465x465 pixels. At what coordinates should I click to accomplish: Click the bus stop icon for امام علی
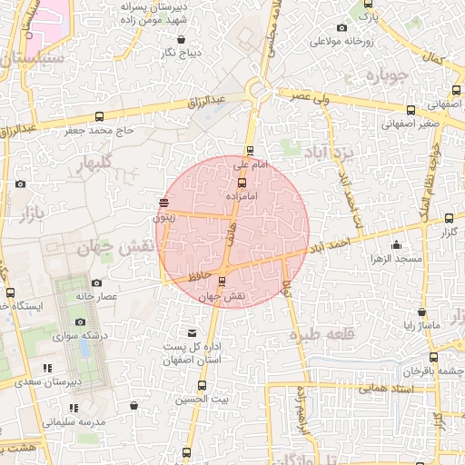click(x=250, y=151)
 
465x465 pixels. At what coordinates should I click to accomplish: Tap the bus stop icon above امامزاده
click(x=241, y=183)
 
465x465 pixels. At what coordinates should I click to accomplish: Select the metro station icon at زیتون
click(x=163, y=203)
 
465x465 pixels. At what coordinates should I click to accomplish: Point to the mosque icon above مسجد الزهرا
click(x=396, y=244)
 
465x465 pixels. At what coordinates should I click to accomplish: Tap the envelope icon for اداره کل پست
click(x=192, y=333)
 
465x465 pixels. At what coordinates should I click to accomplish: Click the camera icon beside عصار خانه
click(x=96, y=282)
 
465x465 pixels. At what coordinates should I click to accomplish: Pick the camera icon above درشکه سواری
click(x=80, y=322)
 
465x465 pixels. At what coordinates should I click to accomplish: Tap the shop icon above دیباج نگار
click(x=182, y=39)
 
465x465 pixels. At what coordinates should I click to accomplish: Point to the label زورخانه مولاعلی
click(x=343, y=42)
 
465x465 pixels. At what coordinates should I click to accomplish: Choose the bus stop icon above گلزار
click(x=449, y=218)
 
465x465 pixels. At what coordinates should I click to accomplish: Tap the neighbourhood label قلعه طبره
click(x=322, y=334)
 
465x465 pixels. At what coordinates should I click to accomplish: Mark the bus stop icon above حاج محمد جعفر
click(x=98, y=115)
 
